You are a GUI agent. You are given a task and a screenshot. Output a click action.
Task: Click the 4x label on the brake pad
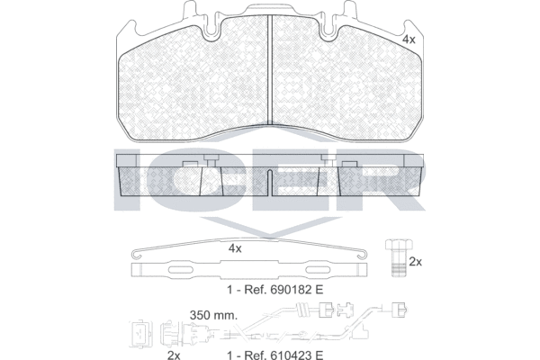pos(409,40)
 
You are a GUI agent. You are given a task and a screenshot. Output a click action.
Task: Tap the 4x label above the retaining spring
pos(235,248)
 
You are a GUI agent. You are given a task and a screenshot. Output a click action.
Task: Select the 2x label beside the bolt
pos(415,262)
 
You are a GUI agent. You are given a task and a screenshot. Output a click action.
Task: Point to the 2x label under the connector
pos(174,355)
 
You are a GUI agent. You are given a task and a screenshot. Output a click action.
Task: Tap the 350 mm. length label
pos(213,315)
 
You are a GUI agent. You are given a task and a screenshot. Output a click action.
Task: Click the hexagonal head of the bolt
pos(399,245)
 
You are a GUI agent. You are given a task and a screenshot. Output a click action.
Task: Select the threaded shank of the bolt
pos(399,264)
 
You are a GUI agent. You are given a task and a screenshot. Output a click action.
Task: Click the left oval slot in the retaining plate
pos(182,270)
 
